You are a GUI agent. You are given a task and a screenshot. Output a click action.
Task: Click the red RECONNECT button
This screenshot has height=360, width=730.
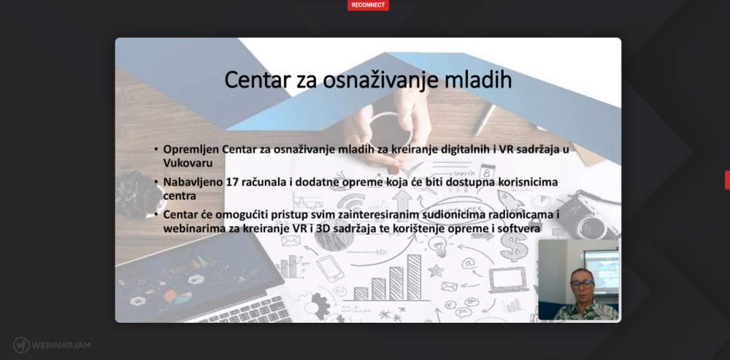(x=368, y=5)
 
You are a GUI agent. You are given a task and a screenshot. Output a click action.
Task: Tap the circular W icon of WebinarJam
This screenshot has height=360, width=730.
(x=21, y=345)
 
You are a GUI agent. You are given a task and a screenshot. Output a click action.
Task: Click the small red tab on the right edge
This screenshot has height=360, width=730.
(x=727, y=180)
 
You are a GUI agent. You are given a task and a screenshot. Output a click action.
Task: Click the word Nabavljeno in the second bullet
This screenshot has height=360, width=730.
(x=192, y=182)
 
